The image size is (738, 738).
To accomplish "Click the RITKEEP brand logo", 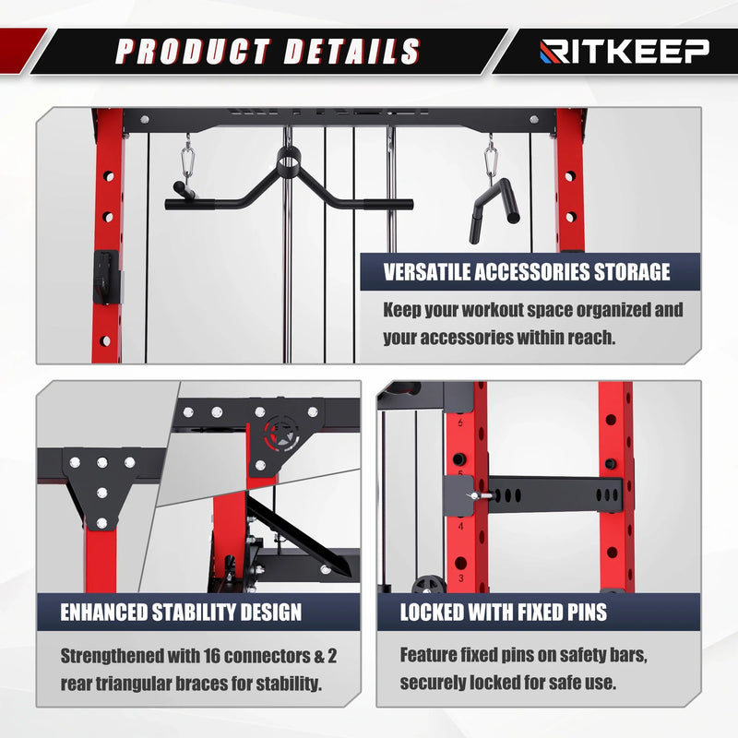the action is pyautogui.click(x=625, y=51).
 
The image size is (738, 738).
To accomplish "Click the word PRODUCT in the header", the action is pyautogui.click(x=193, y=52).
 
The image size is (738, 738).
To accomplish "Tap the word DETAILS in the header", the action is pyautogui.click(x=351, y=52).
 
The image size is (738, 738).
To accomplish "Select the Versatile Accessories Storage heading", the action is pyautogui.click(x=527, y=272).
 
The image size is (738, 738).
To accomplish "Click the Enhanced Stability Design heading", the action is pyautogui.click(x=181, y=612).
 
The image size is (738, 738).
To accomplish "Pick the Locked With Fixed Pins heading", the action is pyautogui.click(x=504, y=612).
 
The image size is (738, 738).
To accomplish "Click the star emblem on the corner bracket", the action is pyautogui.click(x=281, y=434).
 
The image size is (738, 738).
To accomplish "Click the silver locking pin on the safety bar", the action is pyautogui.click(x=480, y=495).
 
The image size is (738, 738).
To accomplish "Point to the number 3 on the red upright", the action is pyautogui.click(x=460, y=577).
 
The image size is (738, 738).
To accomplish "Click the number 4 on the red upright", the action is pyautogui.click(x=460, y=526).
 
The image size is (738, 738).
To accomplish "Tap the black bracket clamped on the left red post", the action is pyautogui.click(x=107, y=278).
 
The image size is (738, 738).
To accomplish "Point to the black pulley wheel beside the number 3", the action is pyautogui.click(x=428, y=584).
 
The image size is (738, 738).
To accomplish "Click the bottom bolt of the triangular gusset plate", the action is pyautogui.click(x=101, y=523).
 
